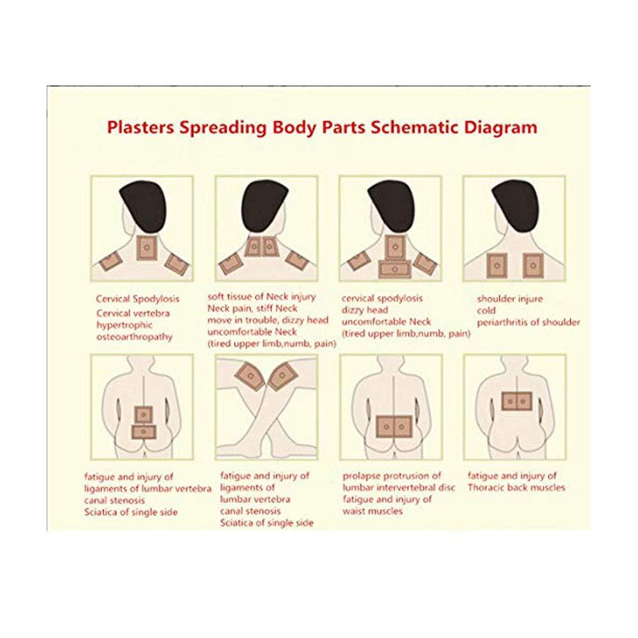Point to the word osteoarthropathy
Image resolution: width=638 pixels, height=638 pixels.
(x=134, y=337)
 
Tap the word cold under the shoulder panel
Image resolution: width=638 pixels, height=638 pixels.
(x=487, y=310)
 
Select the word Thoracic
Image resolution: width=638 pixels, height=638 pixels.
(x=487, y=488)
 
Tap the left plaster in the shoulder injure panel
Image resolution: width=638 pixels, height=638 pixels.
(x=495, y=265)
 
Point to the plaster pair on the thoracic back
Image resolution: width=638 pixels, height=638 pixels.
(x=516, y=400)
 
